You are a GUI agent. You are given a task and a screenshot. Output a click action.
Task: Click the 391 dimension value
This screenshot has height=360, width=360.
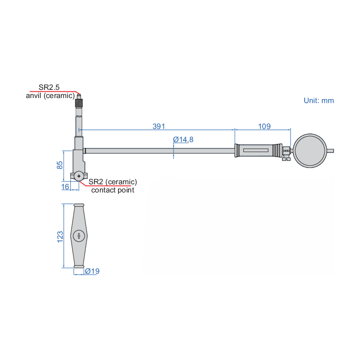[x=158, y=126]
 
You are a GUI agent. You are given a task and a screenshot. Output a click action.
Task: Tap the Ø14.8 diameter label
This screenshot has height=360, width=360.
[x=183, y=139]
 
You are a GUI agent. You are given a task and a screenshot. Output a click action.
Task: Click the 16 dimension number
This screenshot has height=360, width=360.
[x=65, y=186]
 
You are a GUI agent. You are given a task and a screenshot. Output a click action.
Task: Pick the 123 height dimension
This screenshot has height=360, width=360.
[x=59, y=236]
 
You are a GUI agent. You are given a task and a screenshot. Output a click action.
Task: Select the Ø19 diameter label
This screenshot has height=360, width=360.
[x=92, y=271]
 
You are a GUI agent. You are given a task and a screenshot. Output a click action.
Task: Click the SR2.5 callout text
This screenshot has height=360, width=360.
[x=49, y=87]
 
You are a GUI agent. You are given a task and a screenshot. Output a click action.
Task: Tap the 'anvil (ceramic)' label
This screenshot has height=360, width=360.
[x=50, y=95]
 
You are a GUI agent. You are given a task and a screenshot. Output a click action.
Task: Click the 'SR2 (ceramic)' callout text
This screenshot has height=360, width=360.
[x=113, y=182]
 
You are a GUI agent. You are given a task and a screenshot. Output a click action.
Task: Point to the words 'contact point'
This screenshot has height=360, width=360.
[x=113, y=190]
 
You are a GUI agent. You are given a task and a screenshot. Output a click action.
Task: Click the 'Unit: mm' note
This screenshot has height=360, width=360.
[x=319, y=100]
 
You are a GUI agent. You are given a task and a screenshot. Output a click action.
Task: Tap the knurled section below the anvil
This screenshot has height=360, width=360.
[x=79, y=104]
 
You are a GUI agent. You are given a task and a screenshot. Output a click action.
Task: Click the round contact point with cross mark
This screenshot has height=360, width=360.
[x=79, y=176]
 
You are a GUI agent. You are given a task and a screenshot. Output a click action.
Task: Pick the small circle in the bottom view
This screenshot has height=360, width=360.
[x=79, y=236]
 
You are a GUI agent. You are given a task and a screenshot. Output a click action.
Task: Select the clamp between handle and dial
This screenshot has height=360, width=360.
[x=286, y=153]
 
